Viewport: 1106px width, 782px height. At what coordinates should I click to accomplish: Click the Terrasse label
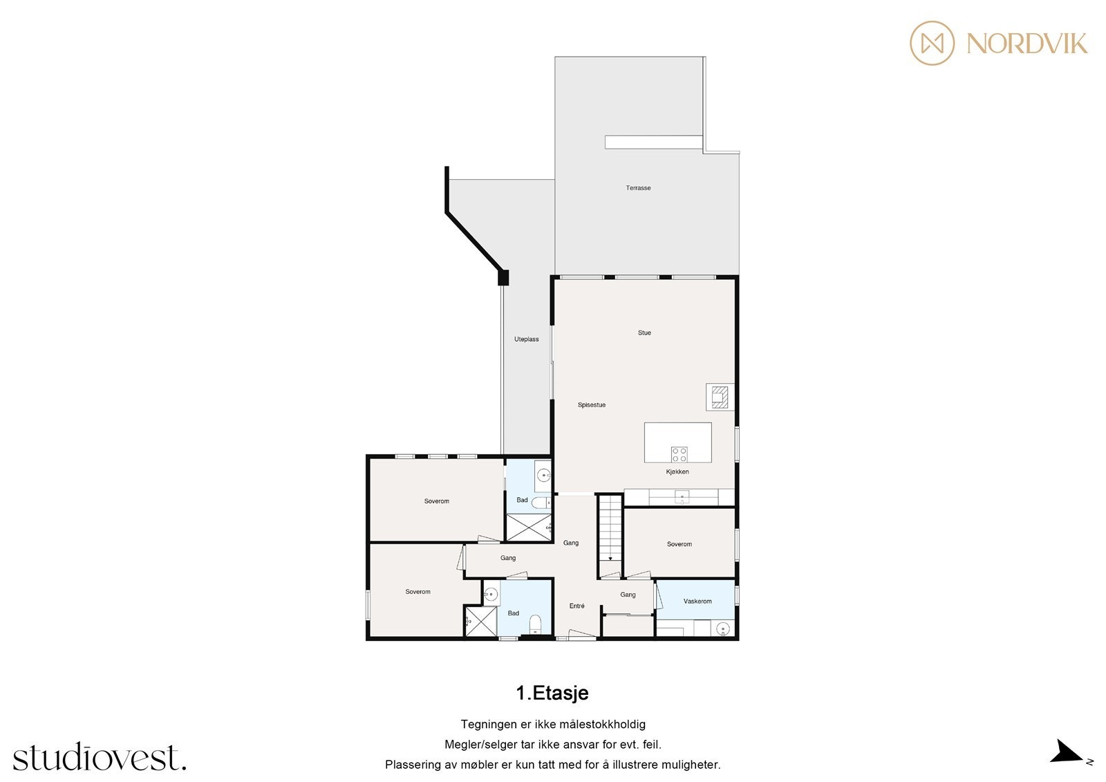coord(638,187)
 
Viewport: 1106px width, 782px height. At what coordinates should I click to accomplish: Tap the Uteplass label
coord(526,339)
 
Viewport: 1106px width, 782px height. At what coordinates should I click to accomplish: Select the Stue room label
coord(644,333)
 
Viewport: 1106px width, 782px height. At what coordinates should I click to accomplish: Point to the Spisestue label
coord(592,404)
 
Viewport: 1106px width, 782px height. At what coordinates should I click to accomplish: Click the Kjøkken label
coord(677,472)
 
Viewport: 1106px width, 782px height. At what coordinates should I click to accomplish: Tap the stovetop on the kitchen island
coord(679,454)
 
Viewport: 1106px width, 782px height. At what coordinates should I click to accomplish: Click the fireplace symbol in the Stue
coord(720,397)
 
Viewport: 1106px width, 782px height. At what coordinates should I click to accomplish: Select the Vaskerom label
coord(697,601)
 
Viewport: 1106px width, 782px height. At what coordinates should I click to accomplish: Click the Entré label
coord(577,606)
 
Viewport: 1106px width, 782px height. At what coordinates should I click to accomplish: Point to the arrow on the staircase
coord(610,559)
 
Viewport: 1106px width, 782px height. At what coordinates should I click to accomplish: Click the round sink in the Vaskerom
coord(723,629)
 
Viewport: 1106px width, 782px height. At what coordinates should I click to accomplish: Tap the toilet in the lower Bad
coord(535,624)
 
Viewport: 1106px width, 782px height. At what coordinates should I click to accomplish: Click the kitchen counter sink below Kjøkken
coord(682,496)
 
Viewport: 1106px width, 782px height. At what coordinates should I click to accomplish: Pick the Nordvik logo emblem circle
coord(932,43)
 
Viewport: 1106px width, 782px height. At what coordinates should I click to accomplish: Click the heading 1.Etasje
coord(552,693)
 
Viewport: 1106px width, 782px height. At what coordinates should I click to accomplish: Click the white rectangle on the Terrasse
coord(653,142)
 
